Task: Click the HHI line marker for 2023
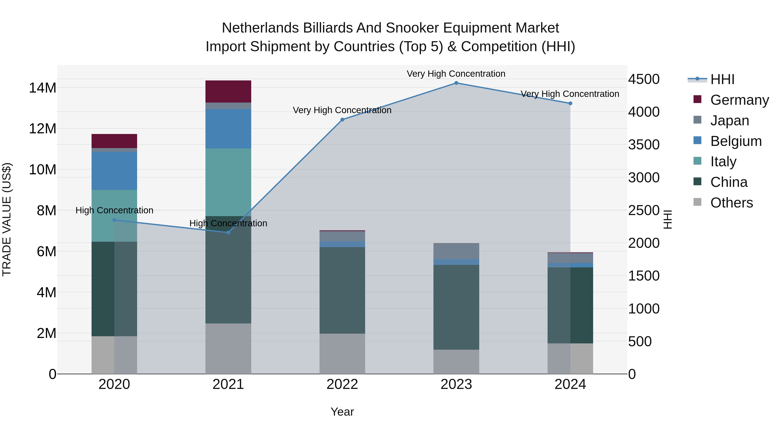(x=456, y=83)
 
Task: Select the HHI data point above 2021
(x=228, y=232)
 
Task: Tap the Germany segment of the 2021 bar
(x=228, y=91)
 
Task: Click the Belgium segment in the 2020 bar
(x=114, y=171)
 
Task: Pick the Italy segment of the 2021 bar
(x=228, y=182)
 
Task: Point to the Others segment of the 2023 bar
(x=456, y=362)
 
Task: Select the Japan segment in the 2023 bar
(x=456, y=251)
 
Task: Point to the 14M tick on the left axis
(x=43, y=88)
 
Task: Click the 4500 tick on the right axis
(x=643, y=79)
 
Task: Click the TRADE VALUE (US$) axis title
(x=7, y=219)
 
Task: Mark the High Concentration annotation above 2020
(x=114, y=210)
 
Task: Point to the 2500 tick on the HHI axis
(x=643, y=211)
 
